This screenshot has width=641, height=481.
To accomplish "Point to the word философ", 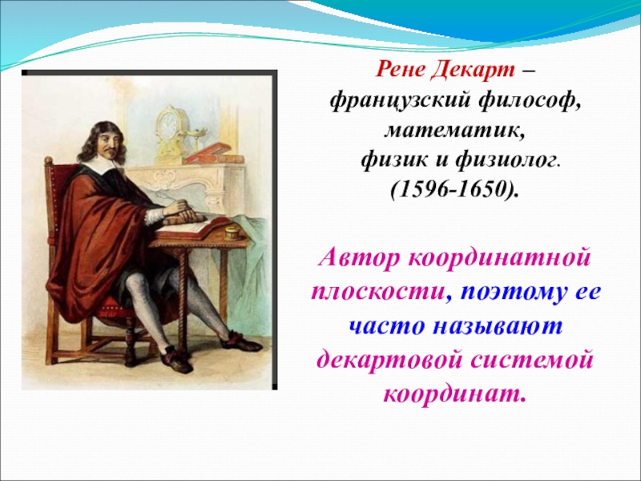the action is [x=528, y=101].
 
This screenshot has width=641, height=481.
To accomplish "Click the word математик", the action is [x=454, y=130].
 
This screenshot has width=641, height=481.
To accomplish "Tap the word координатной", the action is [x=499, y=258].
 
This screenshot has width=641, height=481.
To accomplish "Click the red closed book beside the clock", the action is [x=208, y=152].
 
